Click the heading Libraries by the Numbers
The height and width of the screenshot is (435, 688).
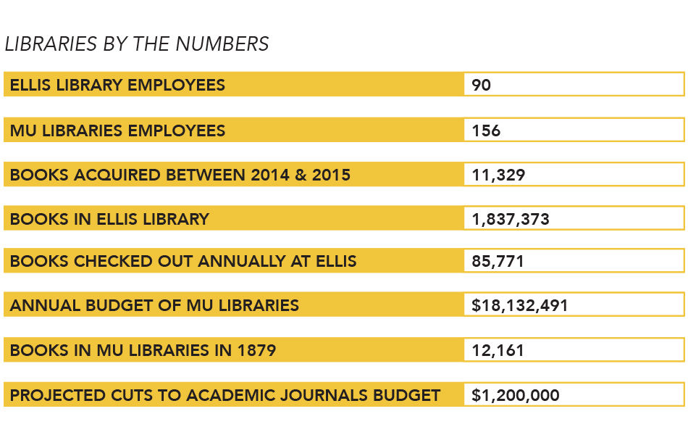tap(137, 44)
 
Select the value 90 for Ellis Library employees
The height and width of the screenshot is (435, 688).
tap(481, 86)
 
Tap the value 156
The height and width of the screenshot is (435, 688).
tap(486, 131)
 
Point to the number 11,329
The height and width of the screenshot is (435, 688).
tap(498, 175)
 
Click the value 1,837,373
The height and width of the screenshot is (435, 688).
tap(511, 219)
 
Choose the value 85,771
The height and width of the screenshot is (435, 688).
tap(498, 261)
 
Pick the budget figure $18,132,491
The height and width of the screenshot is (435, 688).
tap(519, 305)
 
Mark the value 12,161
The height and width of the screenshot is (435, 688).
tap(498, 351)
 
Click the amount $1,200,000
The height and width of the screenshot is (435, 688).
tap(515, 396)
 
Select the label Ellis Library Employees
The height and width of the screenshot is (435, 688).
tap(117, 86)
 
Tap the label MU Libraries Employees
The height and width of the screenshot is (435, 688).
tap(117, 131)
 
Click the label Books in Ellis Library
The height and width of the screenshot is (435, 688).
tap(109, 219)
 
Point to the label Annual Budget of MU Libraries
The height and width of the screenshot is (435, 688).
tap(154, 305)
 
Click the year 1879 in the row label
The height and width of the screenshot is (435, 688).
tap(256, 351)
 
